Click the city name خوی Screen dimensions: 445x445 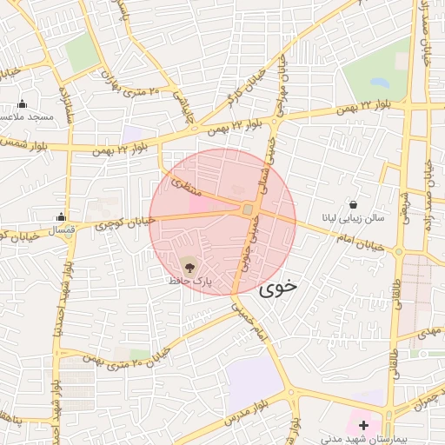(278, 285)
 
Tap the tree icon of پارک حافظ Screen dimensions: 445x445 (189, 262)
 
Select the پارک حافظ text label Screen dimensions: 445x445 (189, 282)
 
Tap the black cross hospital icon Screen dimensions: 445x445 (363, 424)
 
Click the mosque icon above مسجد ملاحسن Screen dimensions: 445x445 (22, 103)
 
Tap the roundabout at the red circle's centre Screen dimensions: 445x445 (248, 209)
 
